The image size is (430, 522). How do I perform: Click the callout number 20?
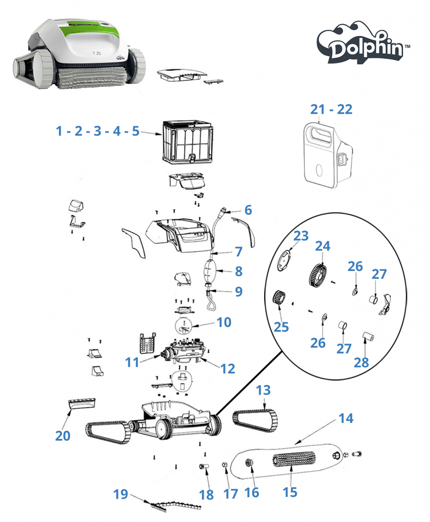63,435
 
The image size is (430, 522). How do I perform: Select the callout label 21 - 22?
331,109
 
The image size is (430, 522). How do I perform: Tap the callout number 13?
263,390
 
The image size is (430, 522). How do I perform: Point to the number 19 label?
120,494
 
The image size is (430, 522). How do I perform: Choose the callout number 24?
323,246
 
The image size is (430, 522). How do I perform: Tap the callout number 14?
346,418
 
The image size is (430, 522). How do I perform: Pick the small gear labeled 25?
278,299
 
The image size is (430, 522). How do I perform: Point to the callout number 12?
228,368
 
